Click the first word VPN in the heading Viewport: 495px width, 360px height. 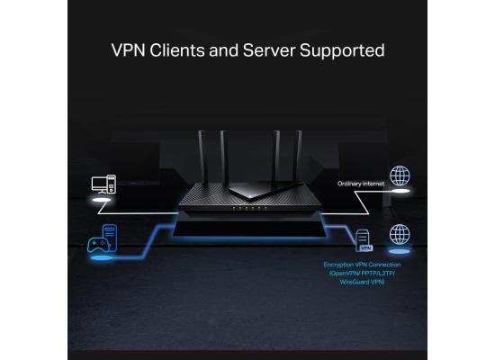[125, 49]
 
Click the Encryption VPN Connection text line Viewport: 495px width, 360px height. [362, 265]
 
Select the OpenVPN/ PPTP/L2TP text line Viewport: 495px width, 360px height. [362, 274]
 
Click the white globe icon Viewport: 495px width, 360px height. [399, 175]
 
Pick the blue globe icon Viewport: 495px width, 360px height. [399, 234]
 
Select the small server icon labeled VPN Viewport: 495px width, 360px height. [364, 240]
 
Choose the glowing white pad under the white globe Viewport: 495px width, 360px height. [399, 190]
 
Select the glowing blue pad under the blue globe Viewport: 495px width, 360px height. [399, 248]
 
